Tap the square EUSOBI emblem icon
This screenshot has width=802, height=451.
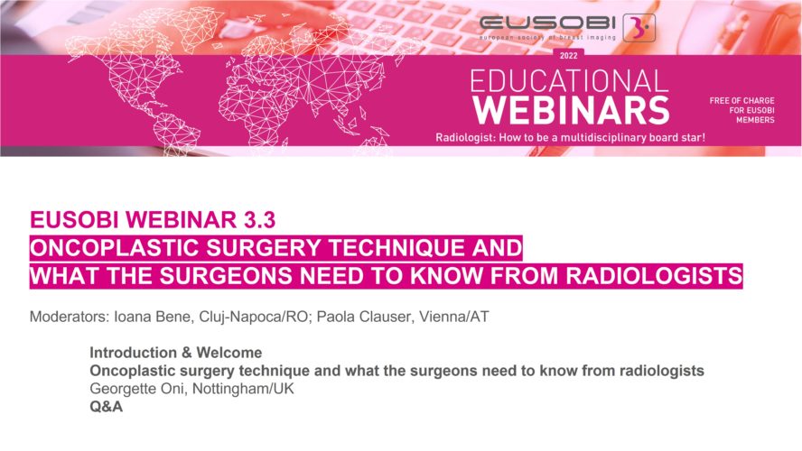pyautogui.click(x=639, y=28)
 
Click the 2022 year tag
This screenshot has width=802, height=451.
pyautogui.click(x=568, y=56)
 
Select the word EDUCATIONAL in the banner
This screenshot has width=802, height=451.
pyautogui.click(x=569, y=81)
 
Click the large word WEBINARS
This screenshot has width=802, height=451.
pyautogui.click(x=571, y=110)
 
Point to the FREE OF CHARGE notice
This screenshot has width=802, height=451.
pyautogui.click(x=741, y=110)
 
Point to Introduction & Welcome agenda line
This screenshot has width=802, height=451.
pyautogui.click(x=176, y=353)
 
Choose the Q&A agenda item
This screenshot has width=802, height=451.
pyautogui.click(x=106, y=407)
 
